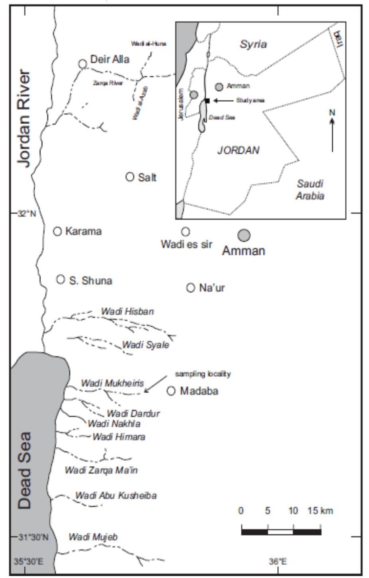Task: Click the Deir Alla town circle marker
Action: point(83,63)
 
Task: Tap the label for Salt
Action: point(147,177)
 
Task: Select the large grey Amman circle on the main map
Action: point(244,235)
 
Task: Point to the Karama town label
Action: point(83,231)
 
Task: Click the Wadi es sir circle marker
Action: point(185,231)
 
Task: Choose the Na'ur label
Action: point(212,288)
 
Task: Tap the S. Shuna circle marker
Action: point(60,279)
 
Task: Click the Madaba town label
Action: point(199,391)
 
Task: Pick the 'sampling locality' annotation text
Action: point(203,374)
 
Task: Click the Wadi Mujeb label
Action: point(93,537)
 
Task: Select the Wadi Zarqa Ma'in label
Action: point(101,470)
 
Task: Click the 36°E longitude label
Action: point(278,562)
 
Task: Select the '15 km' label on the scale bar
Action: point(320,511)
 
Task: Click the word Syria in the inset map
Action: point(253,44)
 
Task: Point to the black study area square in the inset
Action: point(207,101)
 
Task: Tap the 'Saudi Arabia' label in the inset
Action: point(310,189)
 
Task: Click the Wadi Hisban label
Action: point(127,311)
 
